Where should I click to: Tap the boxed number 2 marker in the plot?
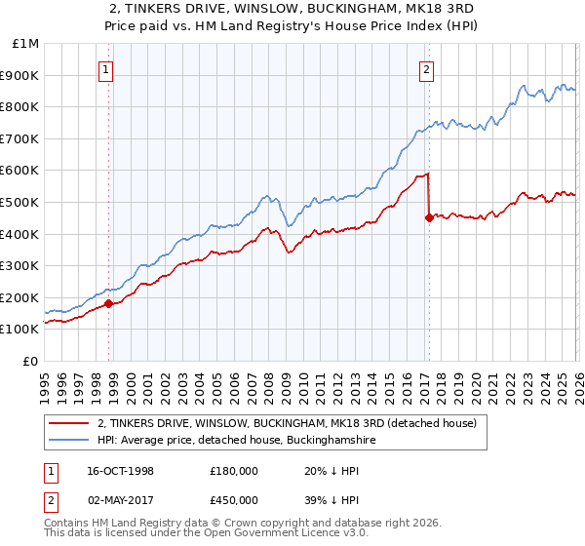point(427,69)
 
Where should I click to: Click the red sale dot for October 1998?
point(109,303)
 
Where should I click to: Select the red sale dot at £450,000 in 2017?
point(429,218)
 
